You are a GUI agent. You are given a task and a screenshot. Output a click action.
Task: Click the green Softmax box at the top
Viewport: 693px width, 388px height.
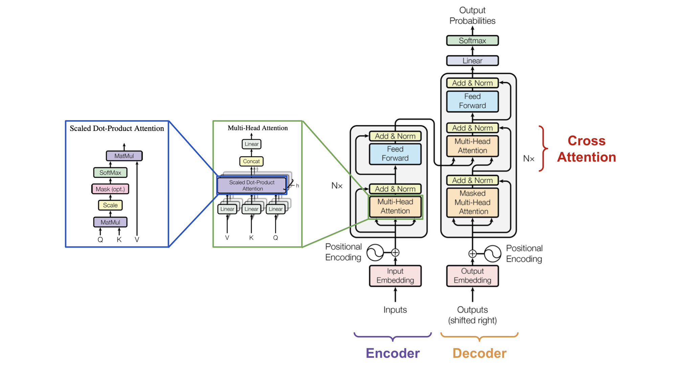pyautogui.click(x=472, y=41)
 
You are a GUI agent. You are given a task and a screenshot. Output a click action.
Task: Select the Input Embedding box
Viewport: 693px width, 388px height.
pyautogui.click(x=395, y=276)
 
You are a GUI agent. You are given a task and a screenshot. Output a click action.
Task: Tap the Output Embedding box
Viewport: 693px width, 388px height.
pyautogui.click(x=472, y=276)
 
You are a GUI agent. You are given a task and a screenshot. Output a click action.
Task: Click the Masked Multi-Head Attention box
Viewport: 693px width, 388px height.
pyautogui.click(x=472, y=202)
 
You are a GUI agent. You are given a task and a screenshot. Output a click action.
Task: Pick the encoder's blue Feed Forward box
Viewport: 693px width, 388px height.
pyautogui.click(x=395, y=154)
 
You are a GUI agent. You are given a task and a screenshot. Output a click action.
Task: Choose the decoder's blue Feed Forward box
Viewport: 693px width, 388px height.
pyautogui.click(x=472, y=101)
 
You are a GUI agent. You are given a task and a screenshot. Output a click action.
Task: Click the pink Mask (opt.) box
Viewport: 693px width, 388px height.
pyautogui.click(x=110, y=189)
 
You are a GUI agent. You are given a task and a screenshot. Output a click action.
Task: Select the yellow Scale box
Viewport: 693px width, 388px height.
pyautogui.click(x=110, y=205)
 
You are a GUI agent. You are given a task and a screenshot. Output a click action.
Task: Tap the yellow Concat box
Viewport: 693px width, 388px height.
pyautogui.click(x=251, y=161)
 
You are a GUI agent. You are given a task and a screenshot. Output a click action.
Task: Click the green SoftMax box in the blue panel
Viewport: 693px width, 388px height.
pyautogui.click(x=110, y=173)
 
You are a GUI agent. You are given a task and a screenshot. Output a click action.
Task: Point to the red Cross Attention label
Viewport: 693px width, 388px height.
pyautogui.click(x=586, y=149)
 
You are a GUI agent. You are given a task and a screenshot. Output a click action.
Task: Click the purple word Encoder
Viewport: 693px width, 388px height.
pyautogui.click(x=393, y=353)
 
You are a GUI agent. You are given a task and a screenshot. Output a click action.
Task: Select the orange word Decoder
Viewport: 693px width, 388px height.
pyautogui.click(x=479, y=353)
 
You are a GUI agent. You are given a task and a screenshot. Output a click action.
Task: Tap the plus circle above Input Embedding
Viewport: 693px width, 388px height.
pyautogui.click(x=395, y=253)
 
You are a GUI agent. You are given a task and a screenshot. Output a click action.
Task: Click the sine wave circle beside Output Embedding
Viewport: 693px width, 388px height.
pyautogui.click(x=492, y=254)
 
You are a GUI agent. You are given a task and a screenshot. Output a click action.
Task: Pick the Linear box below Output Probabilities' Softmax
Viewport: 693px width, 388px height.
pyautogui.click(x=472, y=61)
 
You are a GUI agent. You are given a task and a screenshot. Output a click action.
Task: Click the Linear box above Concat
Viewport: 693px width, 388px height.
pyautogui.click(x=251, y=144)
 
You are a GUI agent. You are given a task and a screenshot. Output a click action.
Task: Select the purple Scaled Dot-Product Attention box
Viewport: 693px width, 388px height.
pyautogui.click(x=252, y=185)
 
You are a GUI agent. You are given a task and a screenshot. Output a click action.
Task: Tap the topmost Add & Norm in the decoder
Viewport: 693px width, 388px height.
pyautogui.click(x=472, y=83)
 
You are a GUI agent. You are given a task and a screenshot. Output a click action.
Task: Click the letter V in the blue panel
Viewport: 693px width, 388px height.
pyautogui.click(x=137, y=239)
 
